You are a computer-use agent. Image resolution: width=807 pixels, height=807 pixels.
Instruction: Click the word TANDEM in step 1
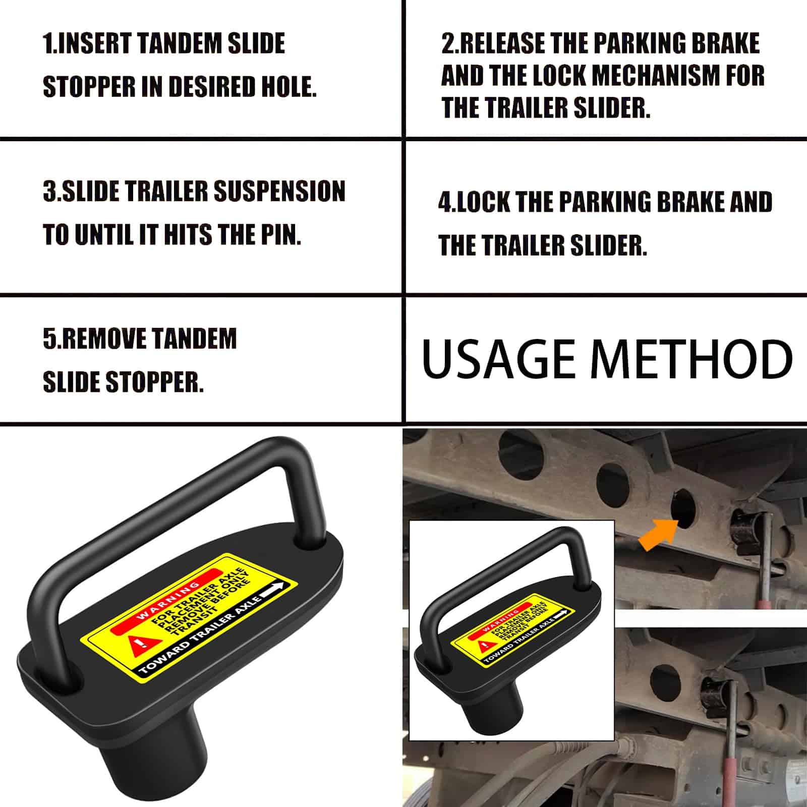179,43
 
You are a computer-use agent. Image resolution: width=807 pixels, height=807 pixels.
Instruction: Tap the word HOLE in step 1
289,86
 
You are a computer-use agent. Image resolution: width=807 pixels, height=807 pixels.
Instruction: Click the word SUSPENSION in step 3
279,191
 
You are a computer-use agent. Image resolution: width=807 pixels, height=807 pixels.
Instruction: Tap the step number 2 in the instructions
447,43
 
